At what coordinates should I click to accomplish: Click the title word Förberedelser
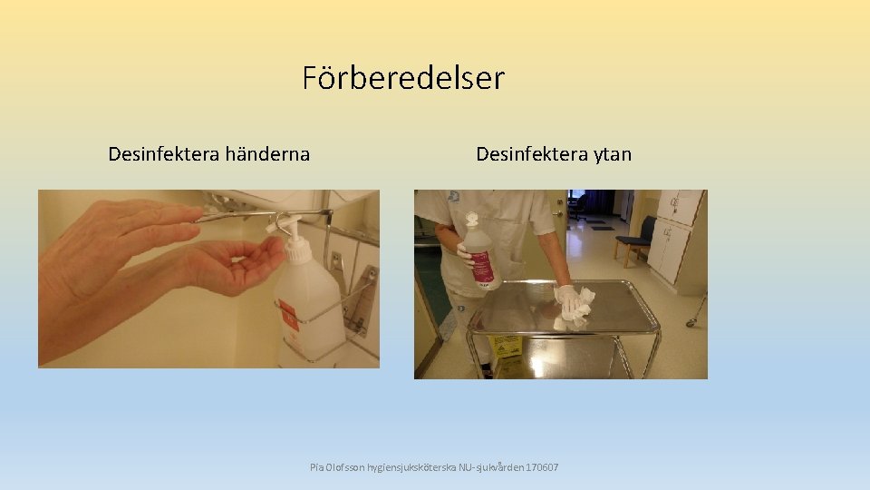pyautogui.click(x=403, y=78)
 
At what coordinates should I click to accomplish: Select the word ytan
pyautogui.click(x=613, y=154)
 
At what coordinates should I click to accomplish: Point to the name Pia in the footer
pyautogui.click(x=316, y=467)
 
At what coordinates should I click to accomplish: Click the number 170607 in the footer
pyautogui.click(x=541, y=467)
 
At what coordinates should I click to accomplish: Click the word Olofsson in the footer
pyautogui.click(x=347, y=467)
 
